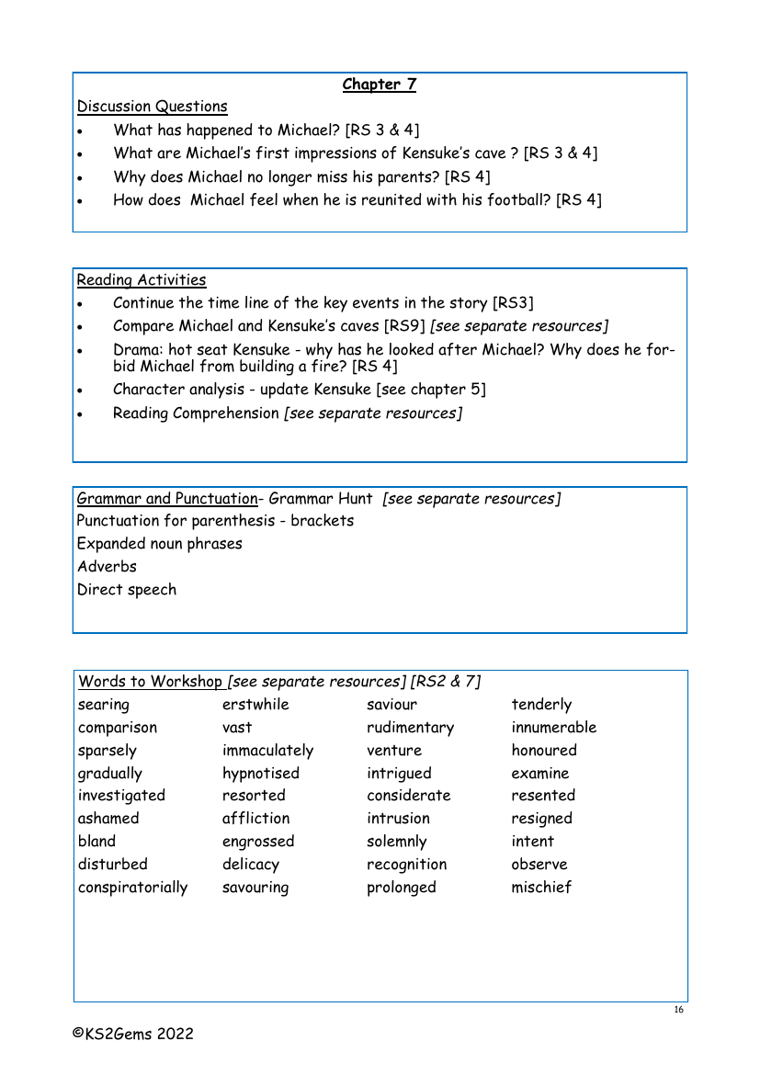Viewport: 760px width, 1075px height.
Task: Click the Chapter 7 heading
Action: [x=379, y=85]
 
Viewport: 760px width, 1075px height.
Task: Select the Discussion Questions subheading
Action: [x=153, y=107]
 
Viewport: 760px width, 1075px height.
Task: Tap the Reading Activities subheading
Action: [x=142, y=280]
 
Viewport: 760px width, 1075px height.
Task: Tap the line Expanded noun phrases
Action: [x=160, y=544]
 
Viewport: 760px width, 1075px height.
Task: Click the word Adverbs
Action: [x=107, y=567]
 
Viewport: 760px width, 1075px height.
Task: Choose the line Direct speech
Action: [x=127, y=590]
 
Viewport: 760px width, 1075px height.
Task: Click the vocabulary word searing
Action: [x=104, y=706]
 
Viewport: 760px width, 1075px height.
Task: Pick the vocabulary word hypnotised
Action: [x=261, y=774]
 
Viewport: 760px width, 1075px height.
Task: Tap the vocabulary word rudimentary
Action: [x=410, y=728]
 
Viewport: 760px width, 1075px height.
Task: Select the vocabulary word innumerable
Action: [x=554, y=728]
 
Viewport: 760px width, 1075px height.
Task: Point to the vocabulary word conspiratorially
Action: [x=132, y=888]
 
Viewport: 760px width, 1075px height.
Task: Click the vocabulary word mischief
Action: [x=541, y=888]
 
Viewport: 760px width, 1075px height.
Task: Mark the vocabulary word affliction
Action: [x=255, y=819]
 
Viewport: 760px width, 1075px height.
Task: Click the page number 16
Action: [x=678, y=1011]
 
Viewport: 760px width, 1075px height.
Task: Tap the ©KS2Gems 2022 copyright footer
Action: [x=134, y=1034]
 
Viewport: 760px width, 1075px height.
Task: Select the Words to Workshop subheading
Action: [x=151, y=682]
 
